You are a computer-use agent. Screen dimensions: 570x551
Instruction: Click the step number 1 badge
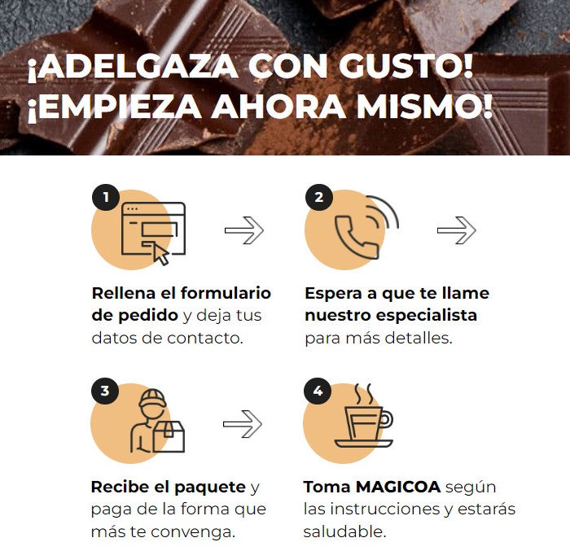point(106,197)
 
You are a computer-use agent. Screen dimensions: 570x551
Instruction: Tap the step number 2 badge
point(319,197)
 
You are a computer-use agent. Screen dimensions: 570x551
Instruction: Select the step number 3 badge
point(105,391)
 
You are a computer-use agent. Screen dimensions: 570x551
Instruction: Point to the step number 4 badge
point(318,391)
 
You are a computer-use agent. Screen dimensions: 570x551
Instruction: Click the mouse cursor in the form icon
point(160,254)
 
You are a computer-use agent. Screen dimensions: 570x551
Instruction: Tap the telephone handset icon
point(357,237)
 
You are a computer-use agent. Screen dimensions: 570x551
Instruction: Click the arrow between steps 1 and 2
point(244,230)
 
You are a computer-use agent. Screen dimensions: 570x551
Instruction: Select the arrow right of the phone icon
point(457,230)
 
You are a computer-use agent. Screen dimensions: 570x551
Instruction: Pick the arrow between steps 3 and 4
point(243,424)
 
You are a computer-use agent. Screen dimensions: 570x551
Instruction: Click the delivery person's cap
point(153,398)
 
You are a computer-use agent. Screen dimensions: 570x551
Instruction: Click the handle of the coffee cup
point(387,419)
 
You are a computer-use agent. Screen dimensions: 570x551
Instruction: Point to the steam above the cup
point(364,394)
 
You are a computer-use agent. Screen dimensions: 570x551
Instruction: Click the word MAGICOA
point(398,487)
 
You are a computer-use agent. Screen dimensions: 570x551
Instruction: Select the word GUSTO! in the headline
point(406,66)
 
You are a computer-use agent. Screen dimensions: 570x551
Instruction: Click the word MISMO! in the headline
point(424,106)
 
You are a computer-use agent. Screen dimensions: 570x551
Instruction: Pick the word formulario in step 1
point(226,293)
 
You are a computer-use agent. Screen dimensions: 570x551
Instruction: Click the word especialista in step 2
point(427,316)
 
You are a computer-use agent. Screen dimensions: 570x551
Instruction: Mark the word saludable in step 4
point(344,531)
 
